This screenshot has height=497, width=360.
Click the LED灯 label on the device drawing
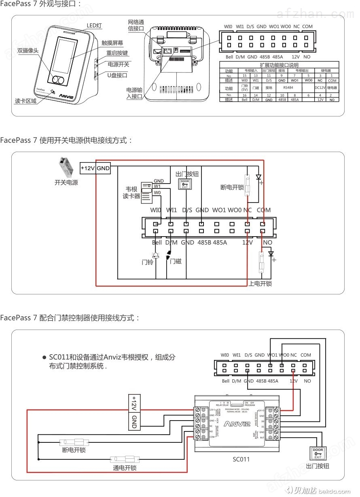pos(94,26)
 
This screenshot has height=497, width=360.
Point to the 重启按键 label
pos(117,53)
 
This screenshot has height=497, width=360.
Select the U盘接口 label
pos(117,75)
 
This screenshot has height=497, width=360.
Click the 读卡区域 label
pos(26,101)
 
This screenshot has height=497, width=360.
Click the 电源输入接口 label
pos(134,93)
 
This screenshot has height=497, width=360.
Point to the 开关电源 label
pos(66,182)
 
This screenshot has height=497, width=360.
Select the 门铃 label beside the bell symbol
pos(148,262)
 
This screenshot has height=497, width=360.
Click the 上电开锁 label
pos(260,283)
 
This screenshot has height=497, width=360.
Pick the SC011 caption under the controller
pos(241,459)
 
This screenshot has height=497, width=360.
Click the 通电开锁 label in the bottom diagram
pos(125,468)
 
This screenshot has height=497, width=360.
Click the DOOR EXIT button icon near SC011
pos(318,453)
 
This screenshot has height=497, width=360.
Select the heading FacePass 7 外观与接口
pos(41,4)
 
